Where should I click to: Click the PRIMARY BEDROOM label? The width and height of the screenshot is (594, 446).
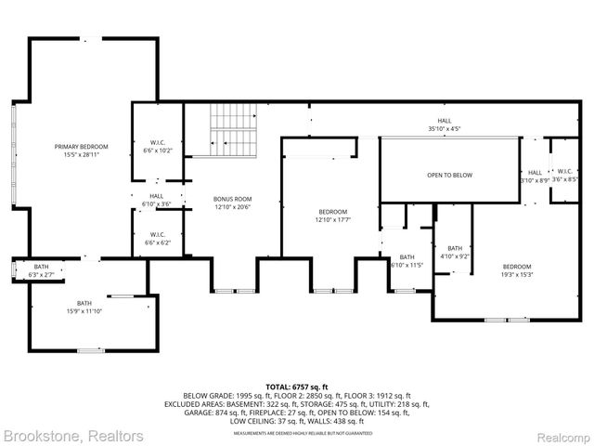(x=81, y=147)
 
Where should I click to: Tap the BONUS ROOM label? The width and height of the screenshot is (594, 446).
(x=232, y=200)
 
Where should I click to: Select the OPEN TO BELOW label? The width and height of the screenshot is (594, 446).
(x=449, y=175)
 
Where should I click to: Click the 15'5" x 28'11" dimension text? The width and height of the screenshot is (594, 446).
(x=81, y=154)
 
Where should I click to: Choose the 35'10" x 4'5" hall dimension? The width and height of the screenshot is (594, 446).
(x=445, y=128)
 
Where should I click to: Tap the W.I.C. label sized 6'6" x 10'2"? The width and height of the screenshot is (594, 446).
(x=156, y=151)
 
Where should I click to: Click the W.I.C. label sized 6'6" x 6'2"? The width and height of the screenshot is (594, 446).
(x=156, y=242)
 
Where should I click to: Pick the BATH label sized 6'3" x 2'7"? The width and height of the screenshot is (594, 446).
(x=43, y=275)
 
